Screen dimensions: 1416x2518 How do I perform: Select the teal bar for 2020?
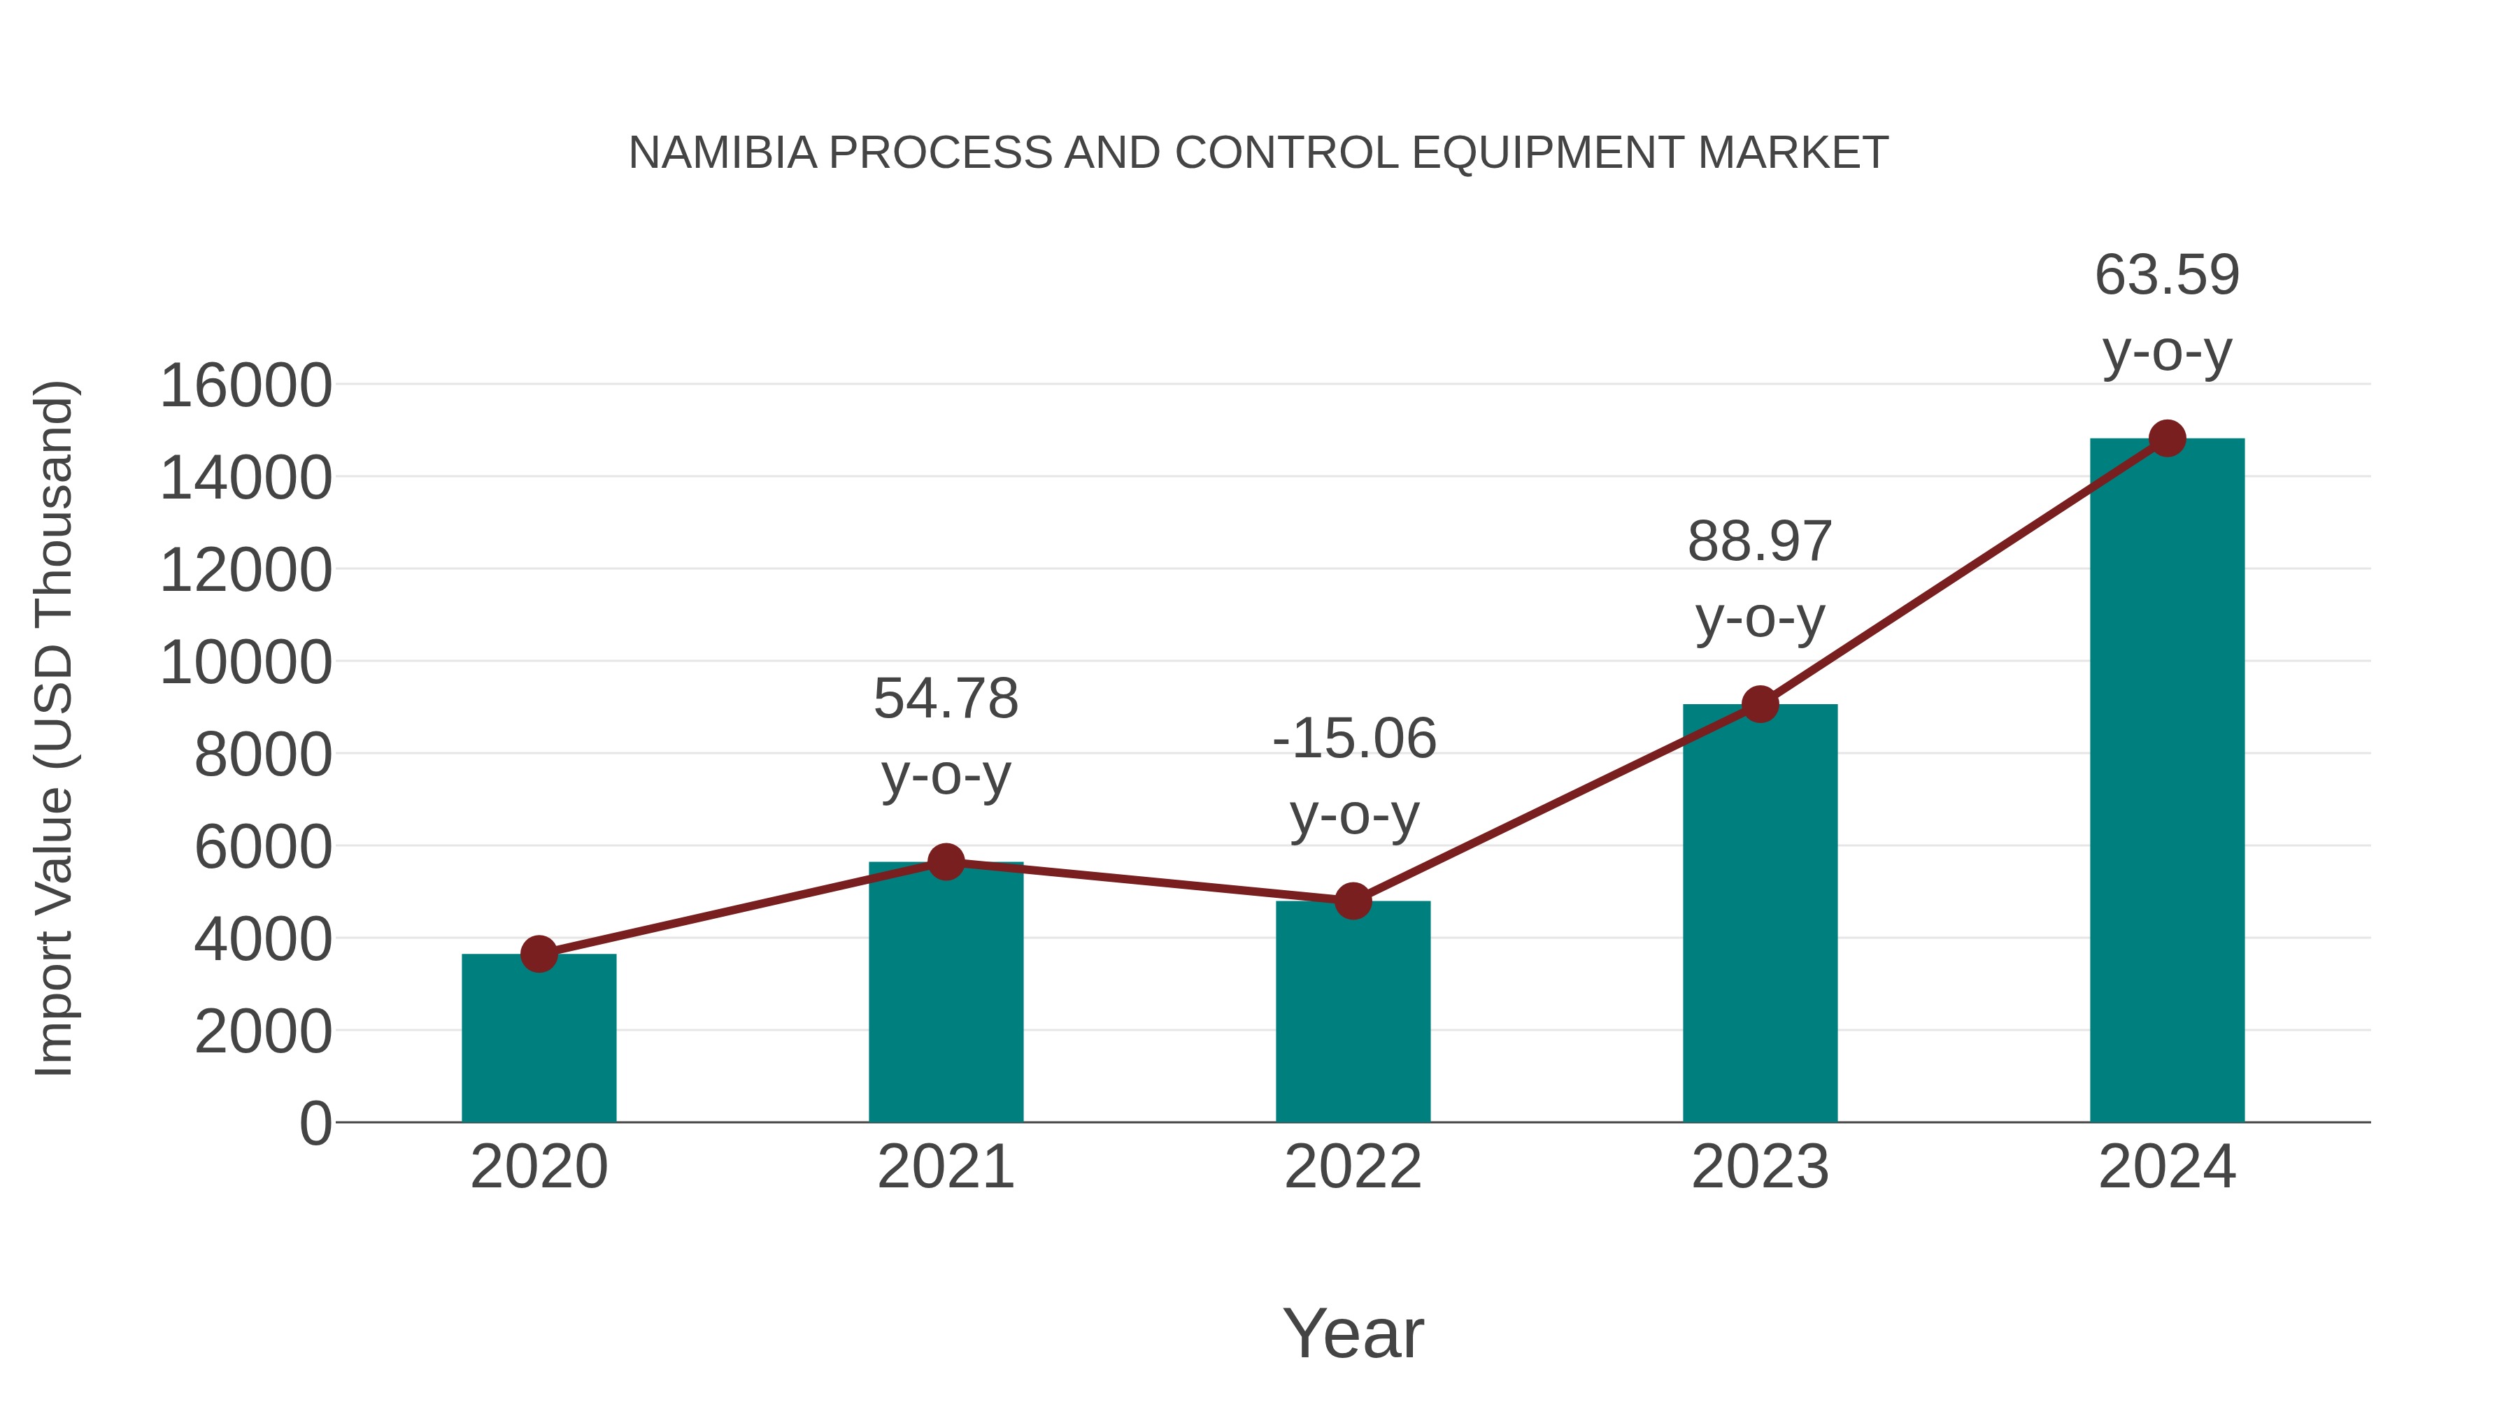[539, 1040]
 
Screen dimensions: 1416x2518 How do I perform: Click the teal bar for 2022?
[1353, 1015]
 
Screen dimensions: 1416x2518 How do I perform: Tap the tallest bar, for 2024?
[2167, 782]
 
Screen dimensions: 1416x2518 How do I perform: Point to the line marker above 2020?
[539, 954]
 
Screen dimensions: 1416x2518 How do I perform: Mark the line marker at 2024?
[2167, 438]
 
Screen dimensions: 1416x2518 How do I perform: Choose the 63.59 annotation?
[2167, 276]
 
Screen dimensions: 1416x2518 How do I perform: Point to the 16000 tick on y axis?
[246, 386]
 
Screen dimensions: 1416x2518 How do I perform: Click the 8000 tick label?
[263, 755]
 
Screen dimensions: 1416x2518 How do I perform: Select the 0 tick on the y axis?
[315, 1124]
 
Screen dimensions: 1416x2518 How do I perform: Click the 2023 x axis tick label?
[1760, 1168]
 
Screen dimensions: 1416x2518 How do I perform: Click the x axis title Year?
[1353, 1334]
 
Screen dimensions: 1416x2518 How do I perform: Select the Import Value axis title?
[55, 728]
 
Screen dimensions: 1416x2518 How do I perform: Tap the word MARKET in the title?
[1793, 153]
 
